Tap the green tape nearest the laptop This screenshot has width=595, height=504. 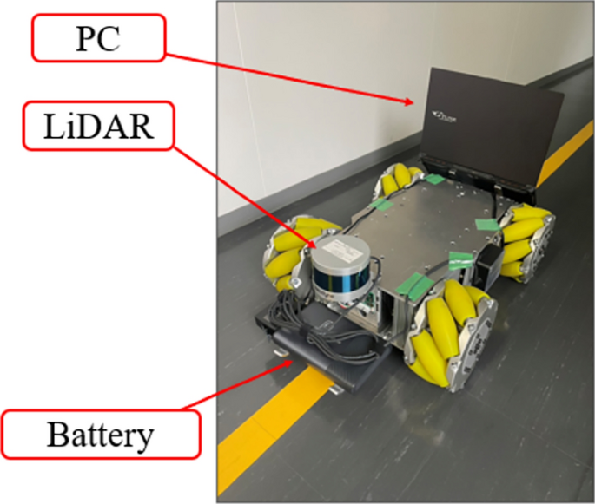tap(434, 180)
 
